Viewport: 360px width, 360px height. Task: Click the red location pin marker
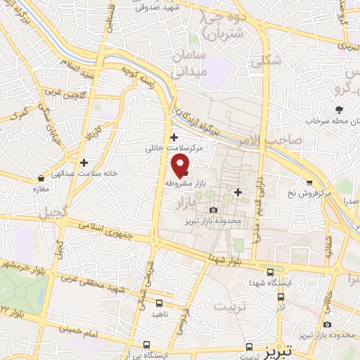point(181,165)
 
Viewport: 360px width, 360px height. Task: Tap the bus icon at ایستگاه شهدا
point(271,272)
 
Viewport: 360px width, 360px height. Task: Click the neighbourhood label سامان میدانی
point(205,62)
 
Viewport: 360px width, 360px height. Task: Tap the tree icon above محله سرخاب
point(339,109)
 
